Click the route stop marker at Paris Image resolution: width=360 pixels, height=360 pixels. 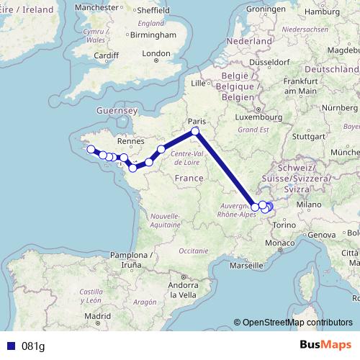195,132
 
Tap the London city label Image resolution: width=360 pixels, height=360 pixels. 156,53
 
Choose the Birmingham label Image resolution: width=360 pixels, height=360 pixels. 154,35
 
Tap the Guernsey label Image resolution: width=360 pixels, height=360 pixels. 116,110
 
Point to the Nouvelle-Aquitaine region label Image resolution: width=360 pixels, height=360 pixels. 166,220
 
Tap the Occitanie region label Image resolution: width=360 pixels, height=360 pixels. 194,250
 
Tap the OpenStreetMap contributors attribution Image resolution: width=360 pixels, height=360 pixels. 297,323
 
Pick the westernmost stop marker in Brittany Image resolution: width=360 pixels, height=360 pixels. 91,150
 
